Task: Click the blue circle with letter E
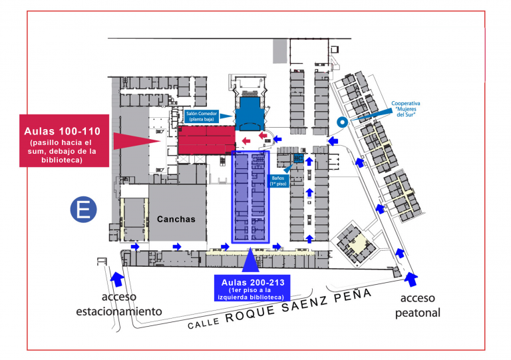point(83,210)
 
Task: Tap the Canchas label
point(176,219)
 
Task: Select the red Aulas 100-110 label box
point(64,141)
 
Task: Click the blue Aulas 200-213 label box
point(252,289)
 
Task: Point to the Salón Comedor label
point(202,116)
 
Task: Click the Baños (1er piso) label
point(278,181)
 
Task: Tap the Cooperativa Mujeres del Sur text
point(406,109)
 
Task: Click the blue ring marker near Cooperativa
point(342,122)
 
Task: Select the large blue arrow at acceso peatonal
point(412,279)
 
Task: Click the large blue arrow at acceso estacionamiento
point(117,279)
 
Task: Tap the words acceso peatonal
point(417,305)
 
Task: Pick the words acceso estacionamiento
point(119,304)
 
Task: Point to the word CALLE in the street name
point(204,323)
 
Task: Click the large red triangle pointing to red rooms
point(137,141)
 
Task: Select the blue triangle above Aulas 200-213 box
point(250,260)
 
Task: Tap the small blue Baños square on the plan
point(298,158)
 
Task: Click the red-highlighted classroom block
point(207,140)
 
